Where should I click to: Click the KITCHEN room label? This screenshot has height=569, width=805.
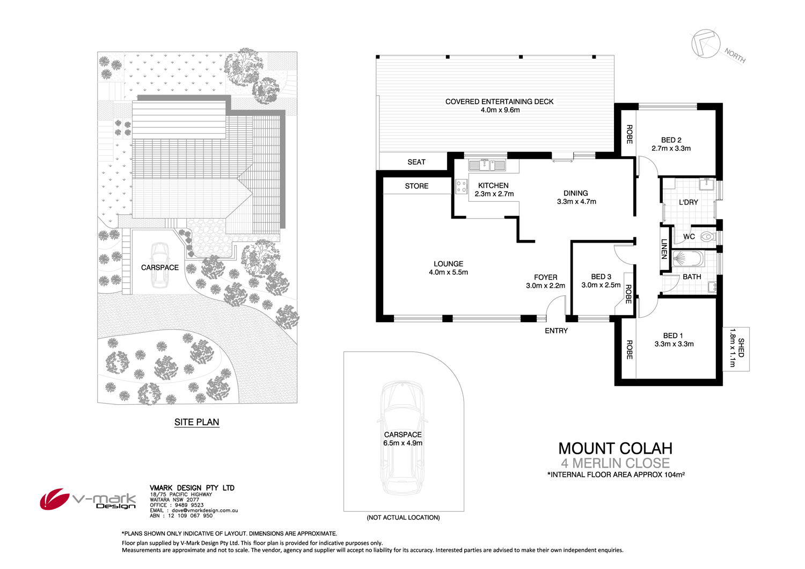coord(493,186)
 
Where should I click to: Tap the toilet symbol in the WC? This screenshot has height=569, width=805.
coord(707,236)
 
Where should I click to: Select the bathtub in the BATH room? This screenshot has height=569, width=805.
coord(688,259)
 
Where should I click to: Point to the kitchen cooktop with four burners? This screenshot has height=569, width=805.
coord(461,187)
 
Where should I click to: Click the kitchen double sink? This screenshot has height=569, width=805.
coord(487,165)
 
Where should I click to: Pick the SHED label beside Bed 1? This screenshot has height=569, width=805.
coord(741,348)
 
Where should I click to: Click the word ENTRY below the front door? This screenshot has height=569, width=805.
coord(556,331)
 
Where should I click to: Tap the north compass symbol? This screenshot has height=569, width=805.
coord(705,43)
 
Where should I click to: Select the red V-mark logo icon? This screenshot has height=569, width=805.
coord(54,499)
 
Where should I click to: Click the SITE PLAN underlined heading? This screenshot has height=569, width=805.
coord(196,422)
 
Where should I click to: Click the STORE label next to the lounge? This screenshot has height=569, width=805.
coord(416,186)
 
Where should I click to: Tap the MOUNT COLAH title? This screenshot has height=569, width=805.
coord(615,448)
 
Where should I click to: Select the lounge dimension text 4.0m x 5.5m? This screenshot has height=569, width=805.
coord(448,272)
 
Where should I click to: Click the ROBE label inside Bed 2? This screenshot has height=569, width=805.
coord(629,134)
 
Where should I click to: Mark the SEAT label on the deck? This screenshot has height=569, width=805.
coord(416,162)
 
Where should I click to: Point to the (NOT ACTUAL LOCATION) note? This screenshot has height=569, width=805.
coord(403,517)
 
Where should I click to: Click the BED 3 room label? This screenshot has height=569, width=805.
coord(601,276)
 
